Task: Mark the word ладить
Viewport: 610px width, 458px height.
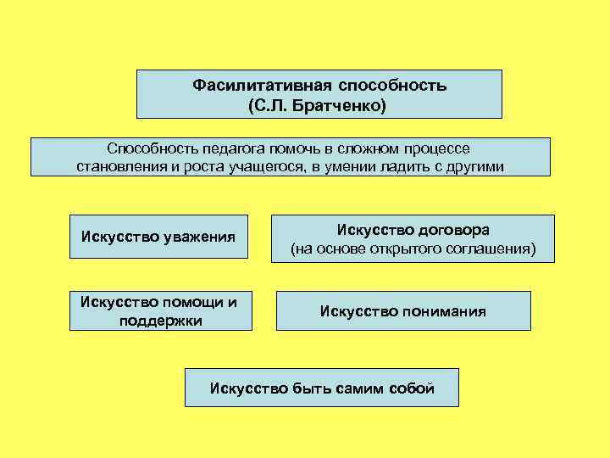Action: pos(406,166)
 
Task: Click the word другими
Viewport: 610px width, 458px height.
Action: pos(475,166)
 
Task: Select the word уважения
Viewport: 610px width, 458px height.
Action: pos(197,236)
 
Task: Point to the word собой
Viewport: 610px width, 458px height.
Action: pos(413,388)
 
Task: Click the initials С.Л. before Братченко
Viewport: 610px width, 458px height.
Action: pos(270,107)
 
